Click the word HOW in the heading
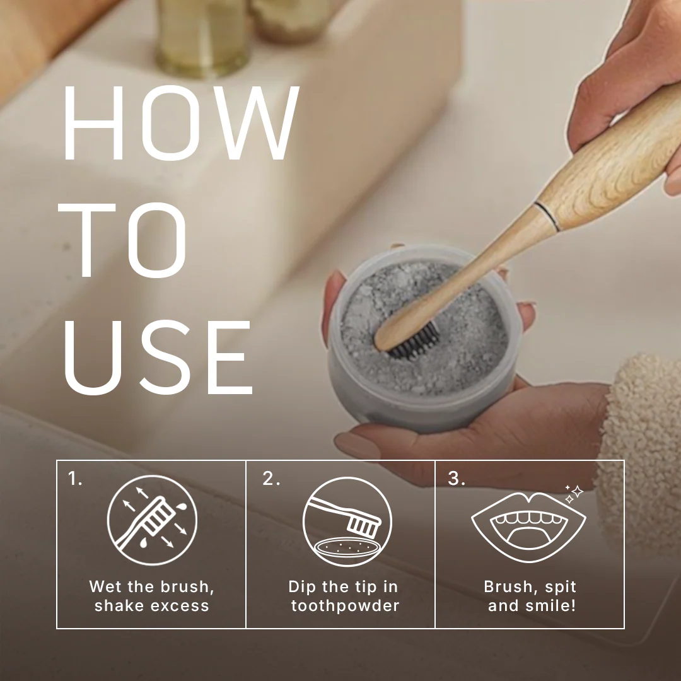point(182,123)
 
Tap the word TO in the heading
point(123,240)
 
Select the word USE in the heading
point(158,358)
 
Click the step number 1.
point(74,479)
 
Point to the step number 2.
point(271,479)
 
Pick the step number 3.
point(457,479)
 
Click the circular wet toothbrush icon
point(152,520)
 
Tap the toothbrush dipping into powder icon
point(347,521)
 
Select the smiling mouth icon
point(528,527)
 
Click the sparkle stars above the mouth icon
point(574,494)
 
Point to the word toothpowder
point(346,605)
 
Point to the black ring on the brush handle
point(547,216)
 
